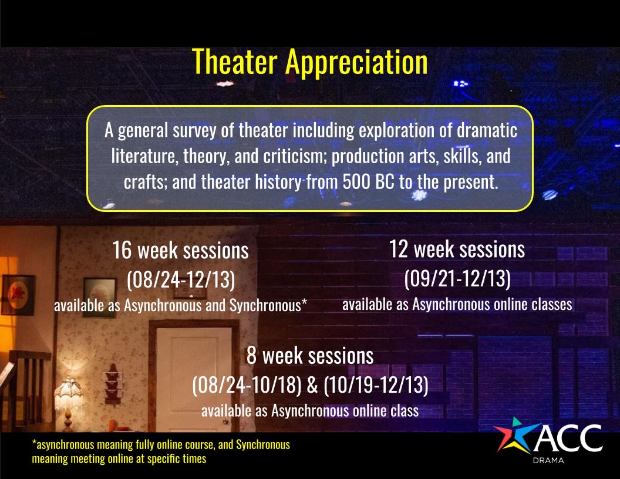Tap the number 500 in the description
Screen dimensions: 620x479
[356, 182]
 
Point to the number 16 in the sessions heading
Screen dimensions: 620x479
[122, 250]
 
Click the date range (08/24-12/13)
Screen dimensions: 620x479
[181, 280]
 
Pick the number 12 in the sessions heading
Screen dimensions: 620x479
[399, 249]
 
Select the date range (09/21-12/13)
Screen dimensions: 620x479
[457, 279]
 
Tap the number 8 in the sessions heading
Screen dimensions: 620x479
[251, 355]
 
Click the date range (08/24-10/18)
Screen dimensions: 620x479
[247, 385]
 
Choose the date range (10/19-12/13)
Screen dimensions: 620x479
[376, 385]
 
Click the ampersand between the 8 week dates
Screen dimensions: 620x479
[312, 385]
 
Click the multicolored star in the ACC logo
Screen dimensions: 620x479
[514, 435]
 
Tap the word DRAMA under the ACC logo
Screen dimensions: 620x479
[548, 460]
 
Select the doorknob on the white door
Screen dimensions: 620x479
[226, 422]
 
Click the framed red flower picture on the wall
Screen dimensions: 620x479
[18, 295]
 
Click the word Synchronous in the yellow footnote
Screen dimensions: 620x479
[263, 445]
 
